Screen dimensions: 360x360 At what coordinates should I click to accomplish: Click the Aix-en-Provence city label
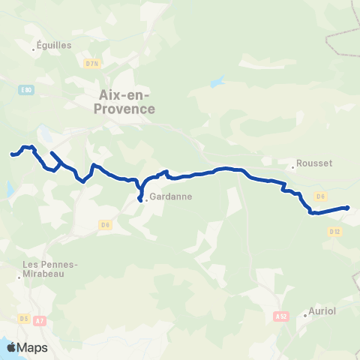[x=125, y=101]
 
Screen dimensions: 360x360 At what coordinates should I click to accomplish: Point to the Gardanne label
[x=171, y=197]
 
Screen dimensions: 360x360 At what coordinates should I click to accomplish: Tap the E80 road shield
[x=27, y=90]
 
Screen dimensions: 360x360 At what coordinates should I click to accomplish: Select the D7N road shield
[x=92, y=64]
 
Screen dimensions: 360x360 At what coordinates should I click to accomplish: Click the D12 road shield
[x=334, y=232]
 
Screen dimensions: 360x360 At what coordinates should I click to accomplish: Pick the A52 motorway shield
[x=281, y=317]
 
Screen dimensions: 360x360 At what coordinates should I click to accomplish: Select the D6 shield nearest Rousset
[x=320, y=196]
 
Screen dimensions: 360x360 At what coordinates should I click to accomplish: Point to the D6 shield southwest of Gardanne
[x=105, y=223]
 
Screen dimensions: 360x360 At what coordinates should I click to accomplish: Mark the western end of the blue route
[x=11, y=155]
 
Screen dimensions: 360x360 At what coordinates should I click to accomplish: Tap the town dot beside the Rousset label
[x=293, y=167]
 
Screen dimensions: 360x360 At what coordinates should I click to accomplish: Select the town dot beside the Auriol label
[x=305, y=315]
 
